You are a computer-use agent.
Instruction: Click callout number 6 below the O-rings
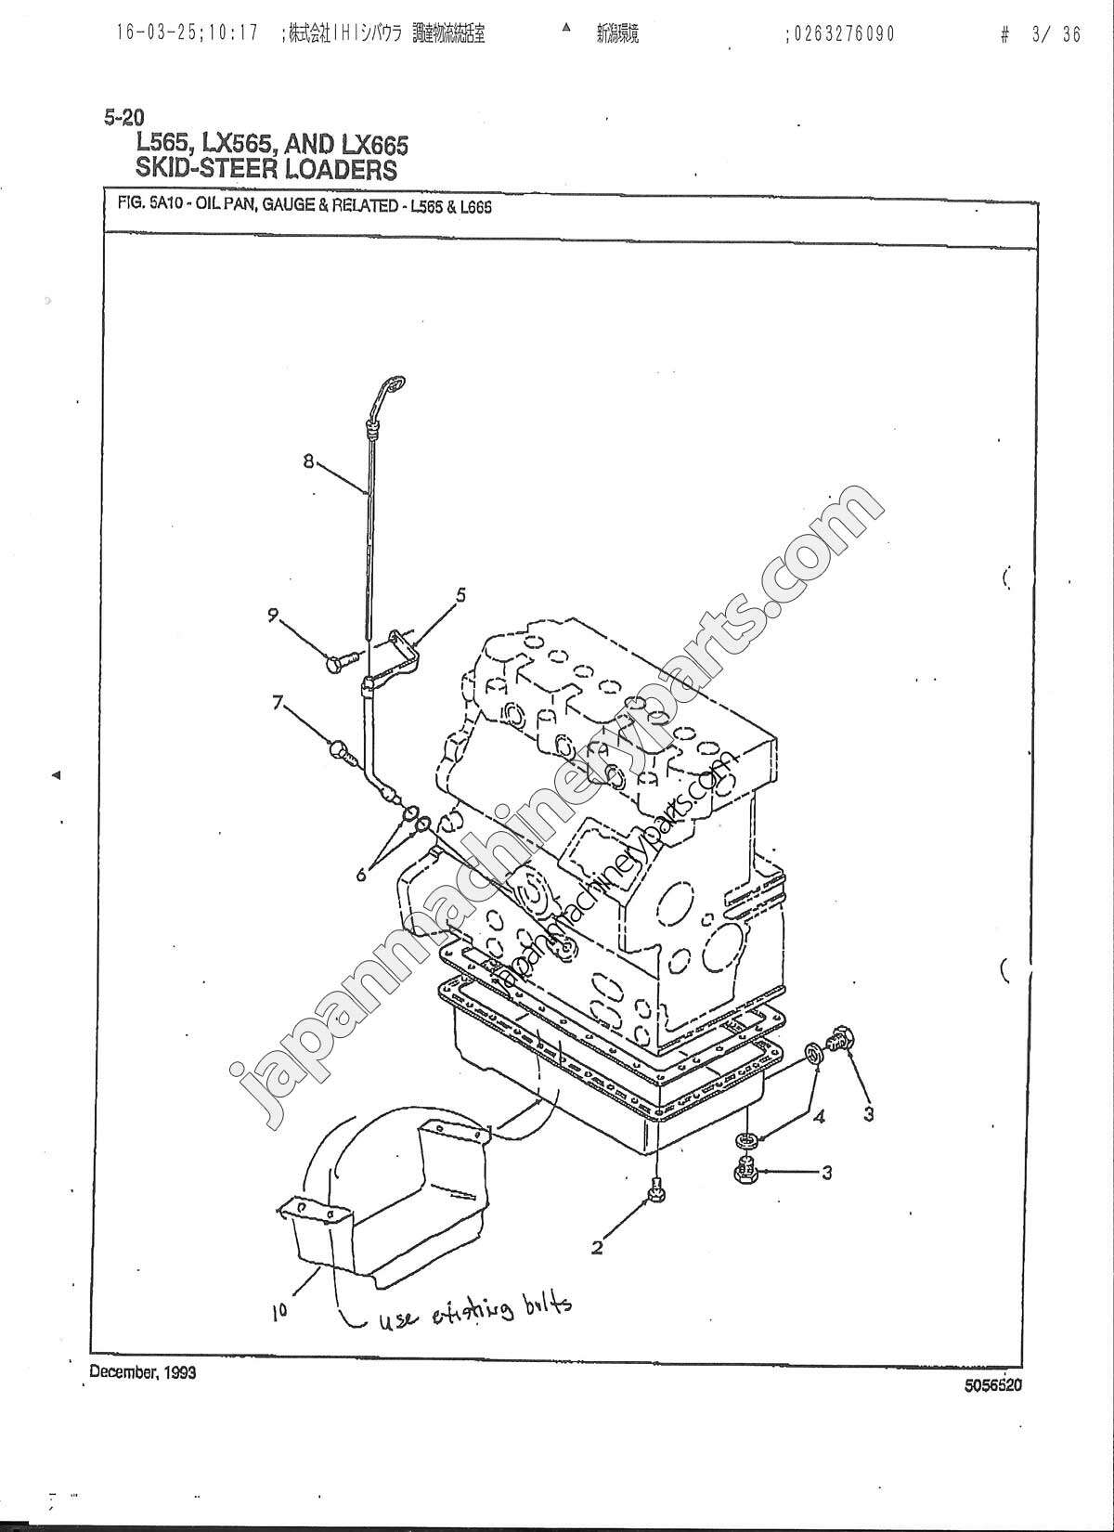click(362, 873)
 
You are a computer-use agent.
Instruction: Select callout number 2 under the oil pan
click(597, 1248)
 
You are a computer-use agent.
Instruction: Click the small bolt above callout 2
click(656, 1188)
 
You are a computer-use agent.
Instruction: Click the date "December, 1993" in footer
click(142, 1372)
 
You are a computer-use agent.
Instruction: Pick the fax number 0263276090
click(842, 34)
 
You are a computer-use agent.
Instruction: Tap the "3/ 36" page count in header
click(1056, 35)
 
